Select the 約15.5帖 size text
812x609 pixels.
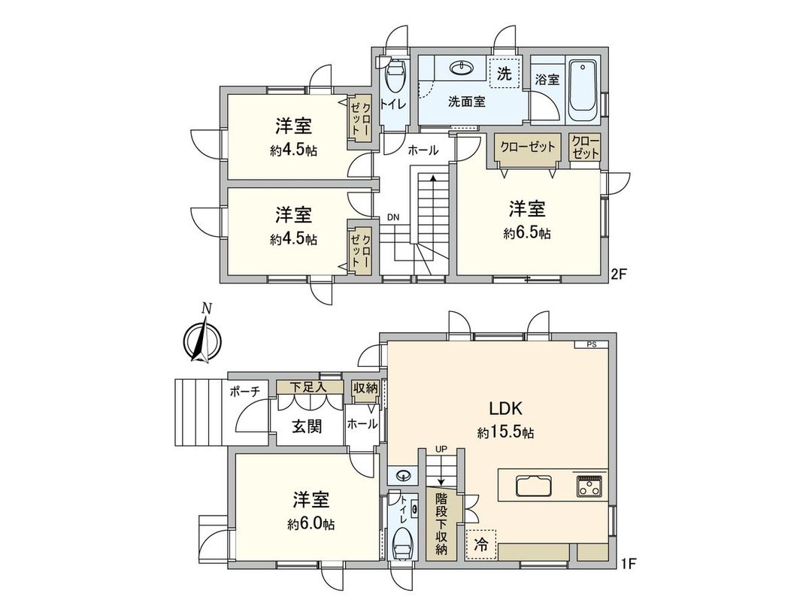[x=505, y=433]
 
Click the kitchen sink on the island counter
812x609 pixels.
[x=534, y=486]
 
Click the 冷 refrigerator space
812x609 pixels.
[x=480, y=545]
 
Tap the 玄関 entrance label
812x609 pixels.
[x=307, y=426]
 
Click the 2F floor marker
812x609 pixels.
[x=618, y=274]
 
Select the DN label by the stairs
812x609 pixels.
[x=393, y=217]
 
